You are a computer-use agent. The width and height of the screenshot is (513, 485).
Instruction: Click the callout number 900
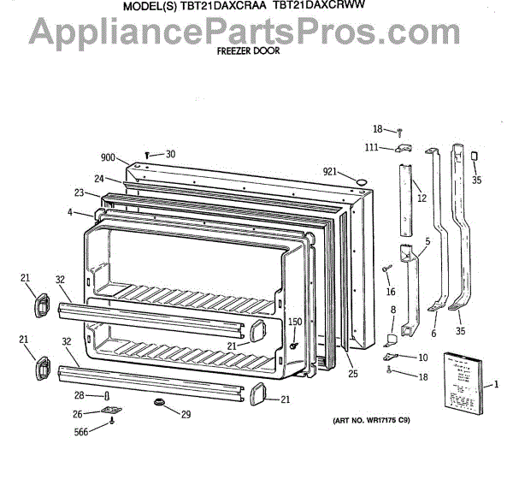(108, 157)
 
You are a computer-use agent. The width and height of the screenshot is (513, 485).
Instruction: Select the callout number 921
(332, 171)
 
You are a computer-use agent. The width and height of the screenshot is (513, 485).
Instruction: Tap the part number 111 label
(372, 148)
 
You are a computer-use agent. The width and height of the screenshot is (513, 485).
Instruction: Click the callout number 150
(295, 322)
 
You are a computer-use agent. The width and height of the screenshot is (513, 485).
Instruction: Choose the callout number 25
(352, 373)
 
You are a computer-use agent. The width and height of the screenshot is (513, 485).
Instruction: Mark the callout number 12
(422, 198)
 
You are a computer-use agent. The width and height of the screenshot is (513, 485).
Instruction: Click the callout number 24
(99, 179)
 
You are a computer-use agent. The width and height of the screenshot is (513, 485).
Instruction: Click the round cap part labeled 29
(159, 402)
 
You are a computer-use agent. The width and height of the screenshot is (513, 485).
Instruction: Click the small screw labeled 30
(149, 156)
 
